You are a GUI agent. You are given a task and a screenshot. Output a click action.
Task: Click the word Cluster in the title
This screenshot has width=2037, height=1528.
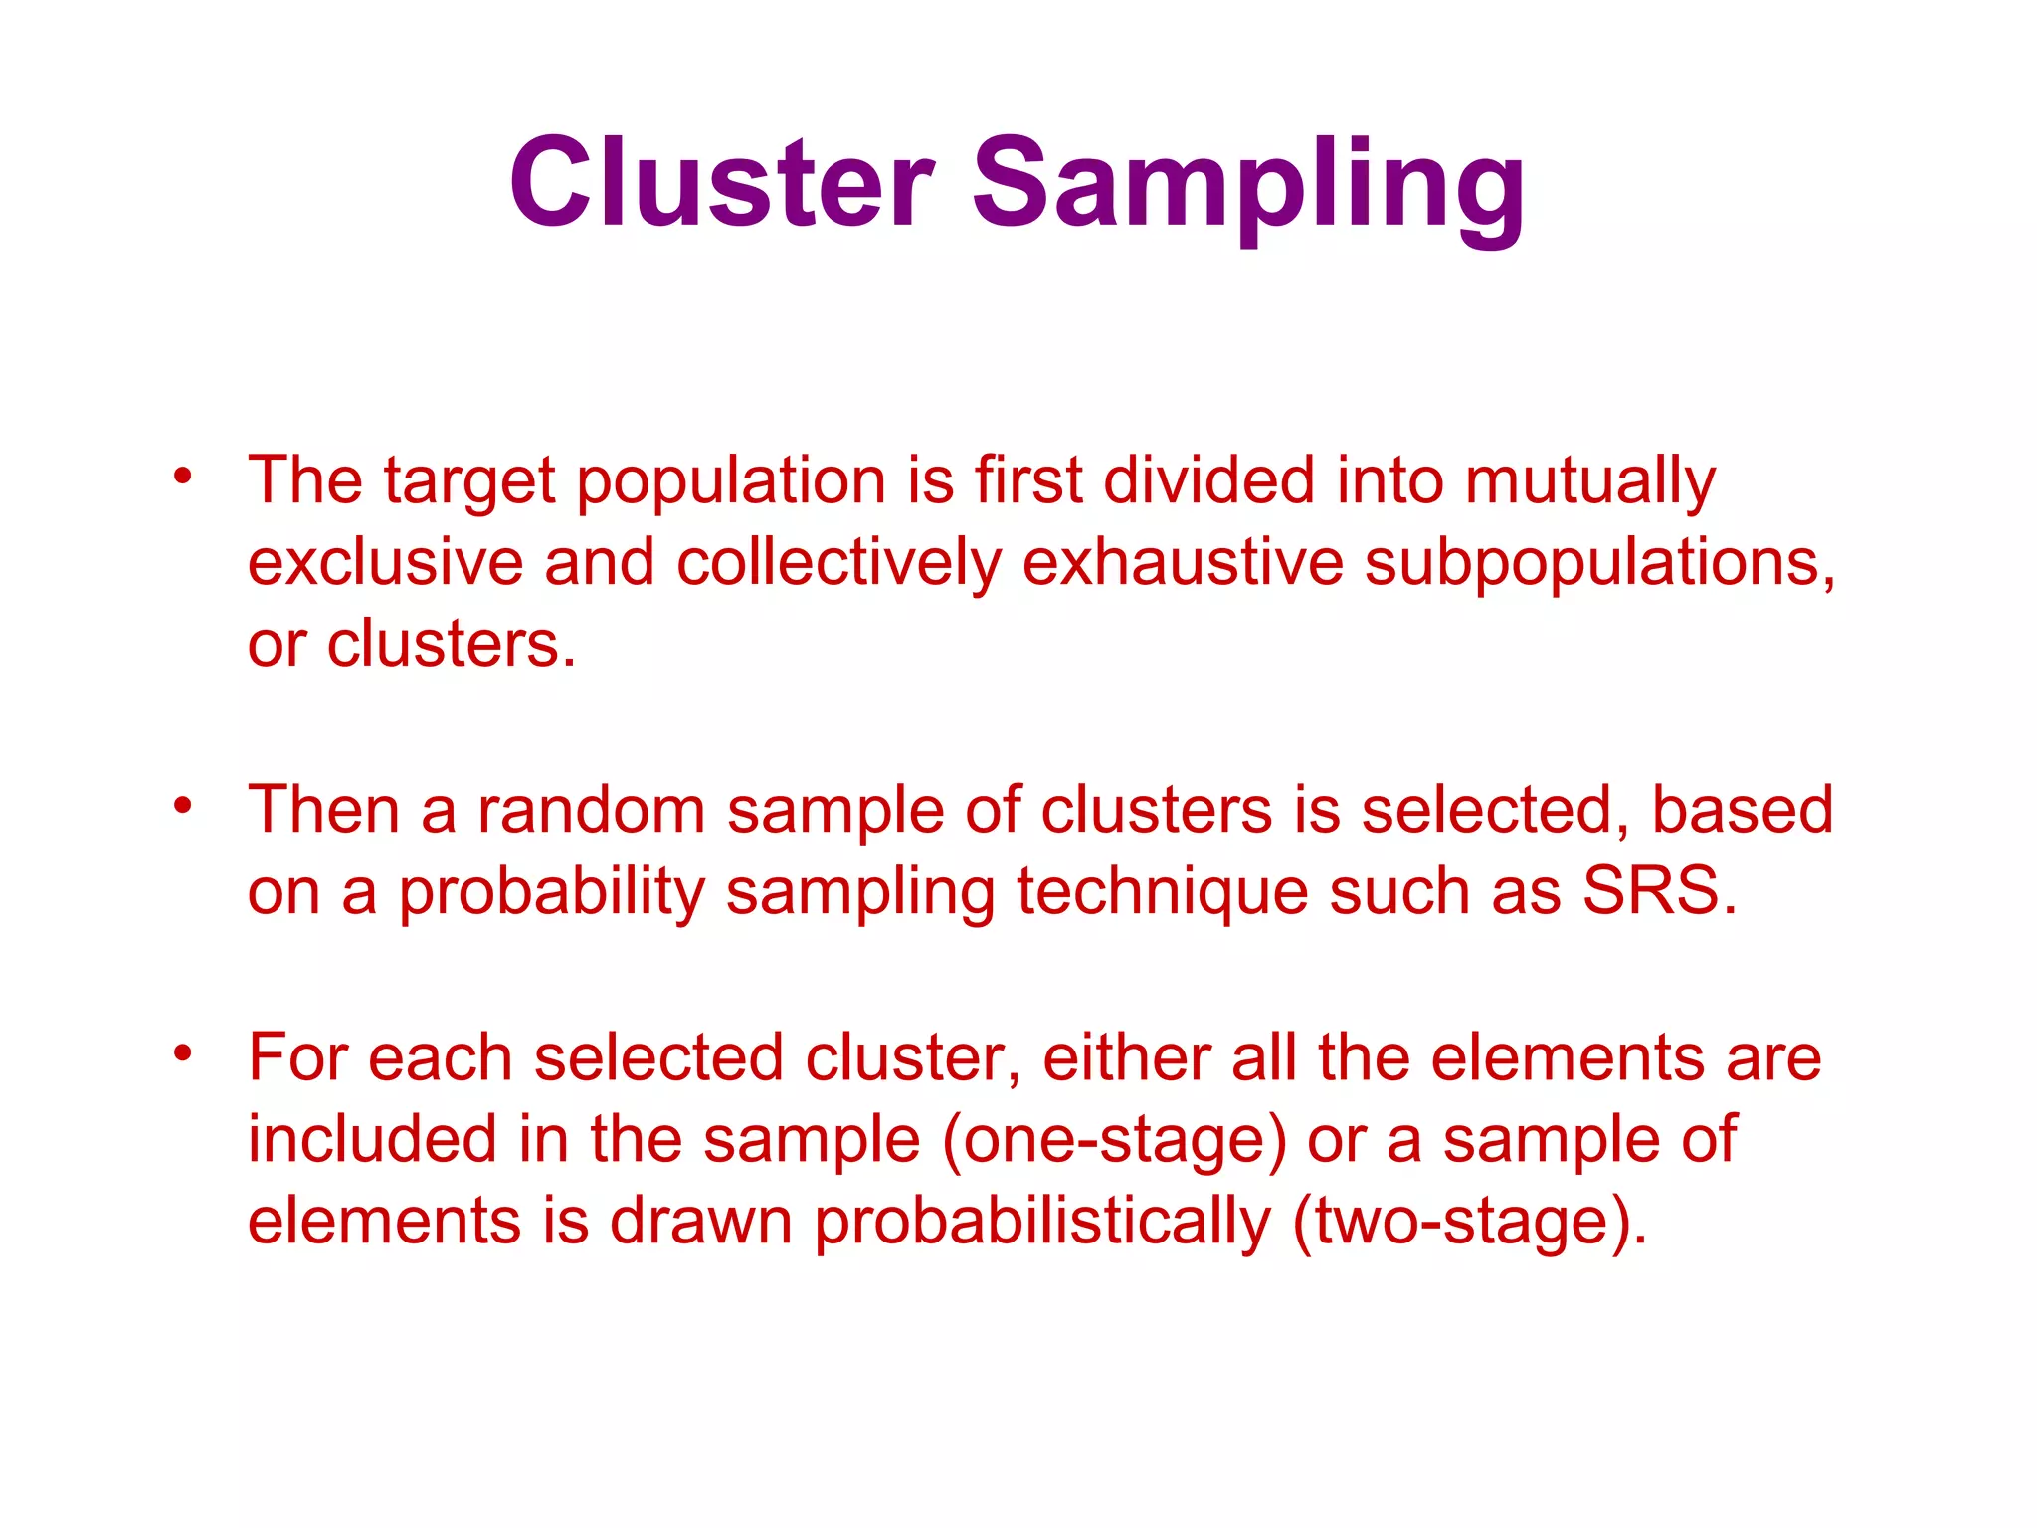pos(722,184)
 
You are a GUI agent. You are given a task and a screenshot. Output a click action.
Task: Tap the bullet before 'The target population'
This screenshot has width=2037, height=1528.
pos(181,477)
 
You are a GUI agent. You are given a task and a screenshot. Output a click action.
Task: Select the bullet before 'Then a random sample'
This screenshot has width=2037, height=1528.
pos(181,805)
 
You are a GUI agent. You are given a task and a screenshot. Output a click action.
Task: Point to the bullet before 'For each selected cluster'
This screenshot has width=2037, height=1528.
pos(181,1052)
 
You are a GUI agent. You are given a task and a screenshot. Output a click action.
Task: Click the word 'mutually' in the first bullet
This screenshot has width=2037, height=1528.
pos(1589,482)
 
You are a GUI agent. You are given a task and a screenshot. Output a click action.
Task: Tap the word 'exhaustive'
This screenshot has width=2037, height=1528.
pos(1183,562)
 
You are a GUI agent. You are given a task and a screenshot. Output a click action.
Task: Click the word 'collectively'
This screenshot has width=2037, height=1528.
pos(838,562)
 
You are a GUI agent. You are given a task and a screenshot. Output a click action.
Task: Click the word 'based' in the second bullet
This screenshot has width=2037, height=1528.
pos(1742,810)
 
